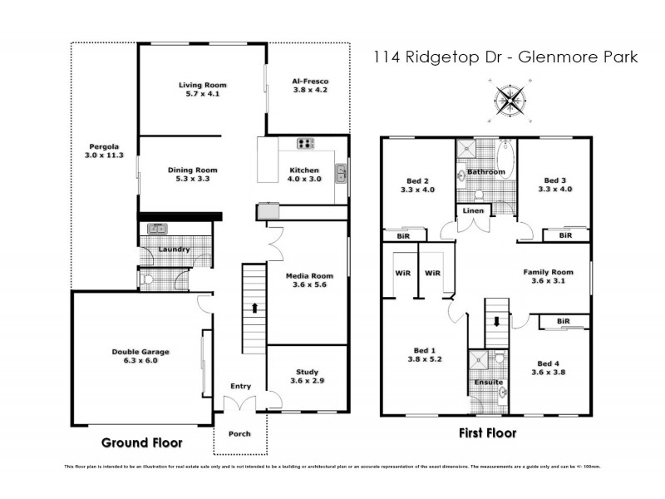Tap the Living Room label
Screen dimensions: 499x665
tap(203, 89)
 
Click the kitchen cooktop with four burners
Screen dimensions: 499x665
tap(306, 143)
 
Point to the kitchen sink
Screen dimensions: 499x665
tap(341, 173)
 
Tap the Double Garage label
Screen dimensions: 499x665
tap(135, 356)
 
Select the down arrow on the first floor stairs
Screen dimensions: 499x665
tap(497, 321)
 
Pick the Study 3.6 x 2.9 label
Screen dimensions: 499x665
tap(307, 377)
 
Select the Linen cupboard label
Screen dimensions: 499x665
tap(473, 211)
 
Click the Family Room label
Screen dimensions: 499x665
tap(548, 276)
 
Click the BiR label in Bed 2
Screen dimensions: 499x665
tap(403, 235)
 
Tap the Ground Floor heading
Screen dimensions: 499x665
tap(141, 442)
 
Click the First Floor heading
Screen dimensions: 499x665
tap(488, 432)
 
